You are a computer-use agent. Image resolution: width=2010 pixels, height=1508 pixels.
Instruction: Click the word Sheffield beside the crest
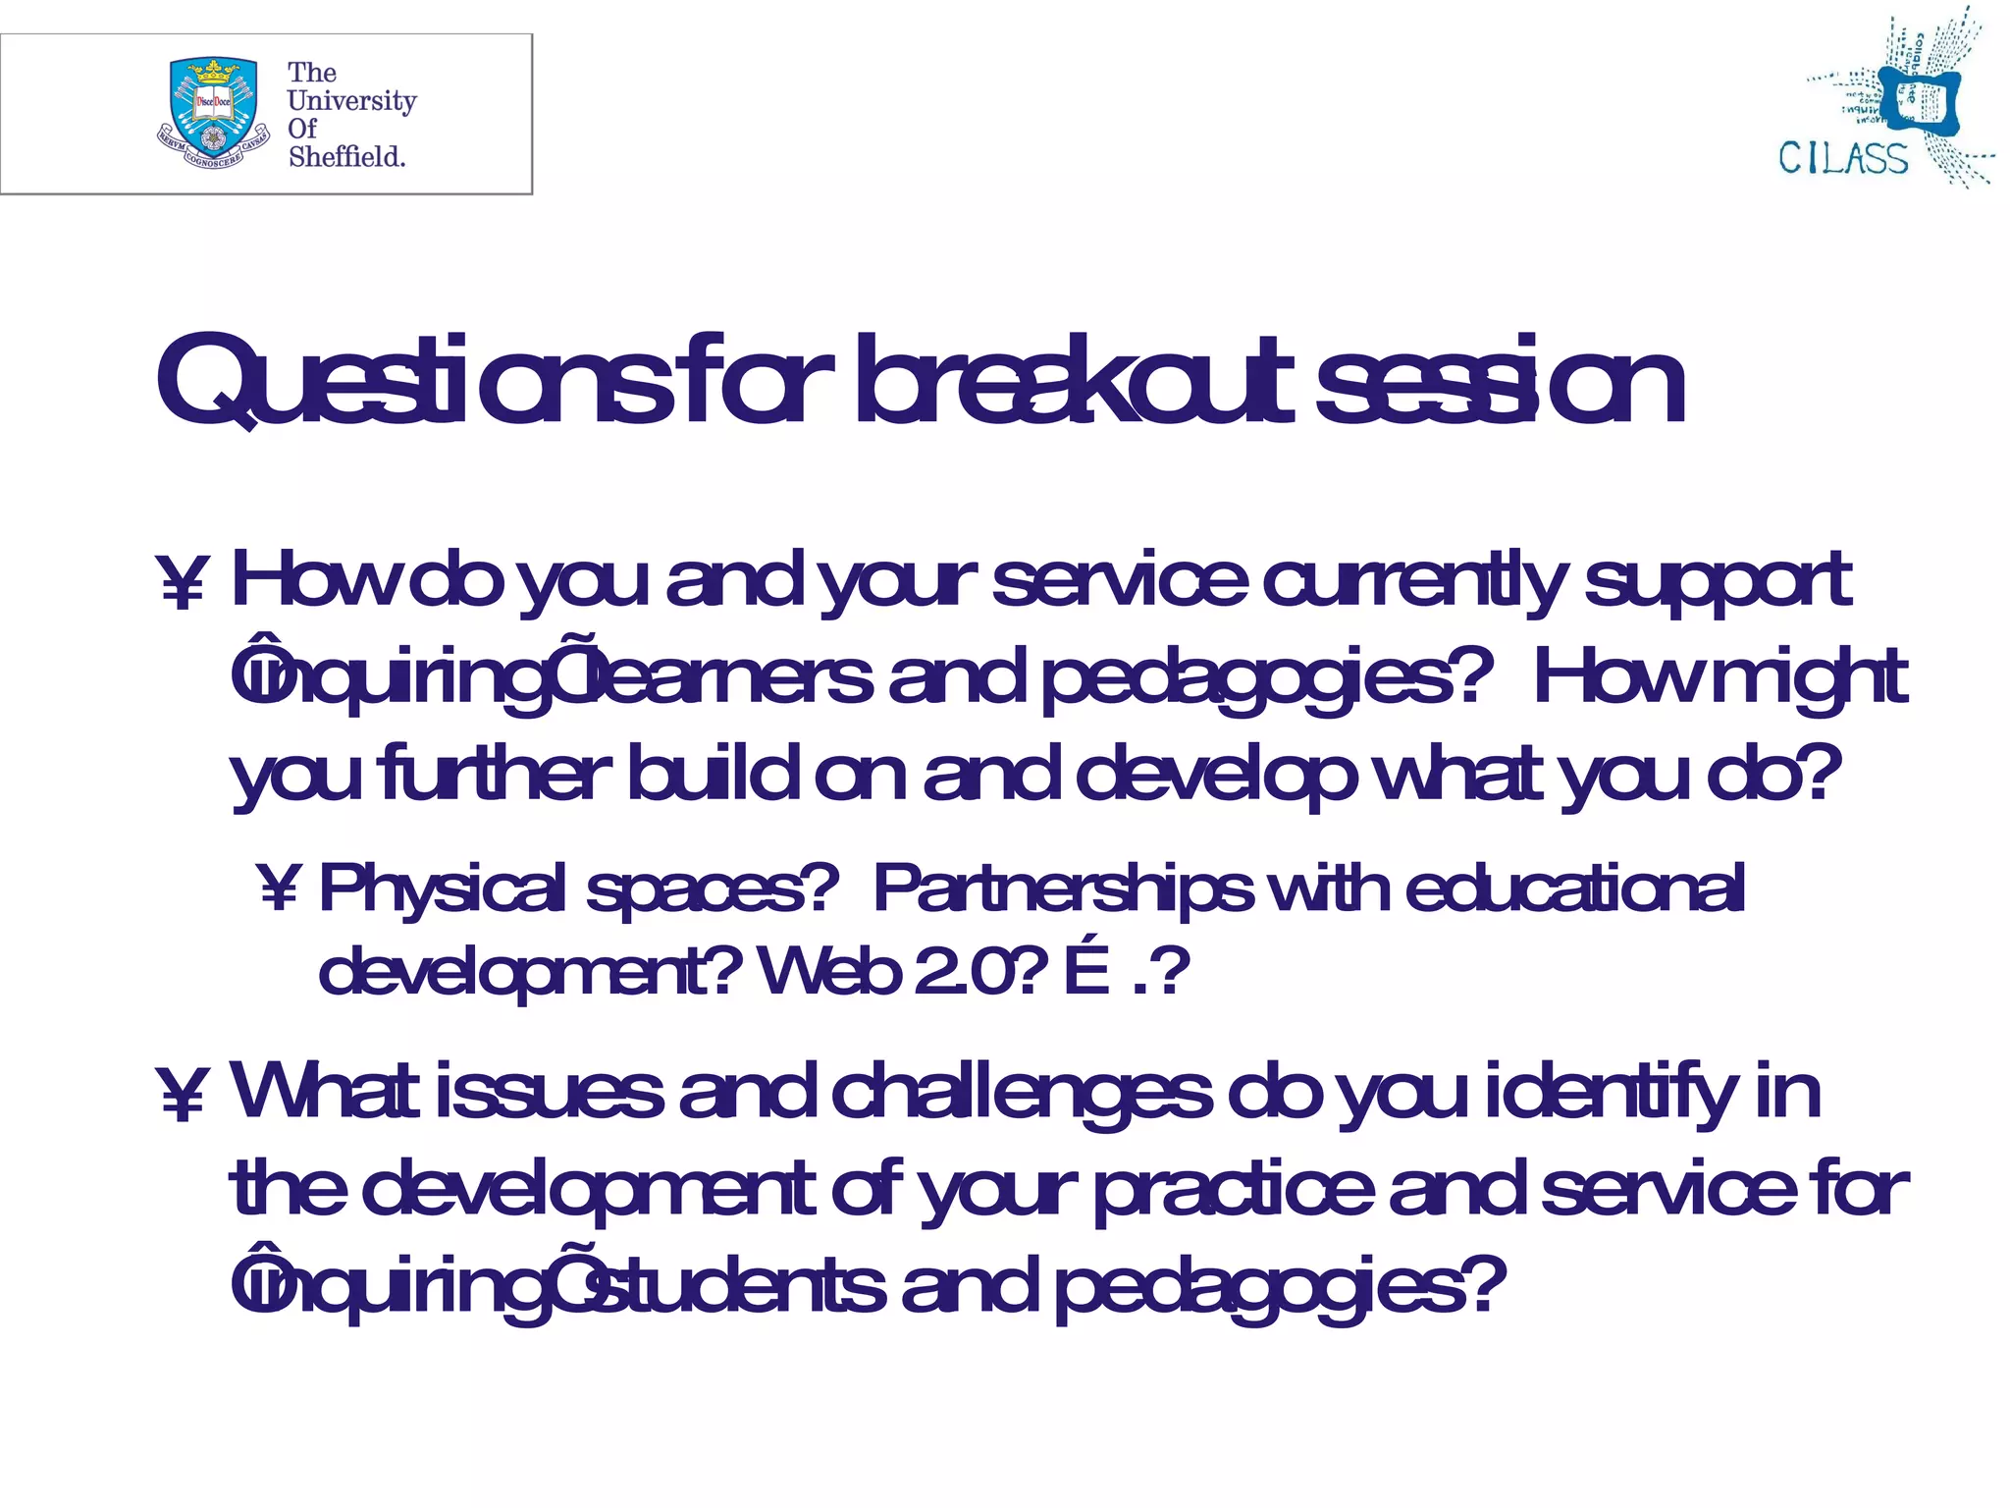(x=346, y=157)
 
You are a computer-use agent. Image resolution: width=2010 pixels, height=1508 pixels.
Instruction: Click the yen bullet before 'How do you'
(x=183, y=583)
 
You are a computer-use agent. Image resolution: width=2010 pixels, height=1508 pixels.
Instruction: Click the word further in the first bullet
(x=495, y=774)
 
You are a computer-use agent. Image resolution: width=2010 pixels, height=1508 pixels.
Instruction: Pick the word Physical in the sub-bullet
(x=443, y=889)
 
